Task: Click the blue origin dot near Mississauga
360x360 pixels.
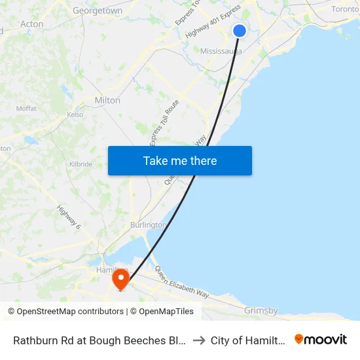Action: point(240,30)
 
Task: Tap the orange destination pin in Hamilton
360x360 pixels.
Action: point(121,279)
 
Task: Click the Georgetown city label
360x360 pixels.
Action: point(98,10)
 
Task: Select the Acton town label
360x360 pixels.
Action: point(31,24)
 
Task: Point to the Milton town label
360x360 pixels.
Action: point(107,100)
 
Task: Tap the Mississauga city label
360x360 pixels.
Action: point(221,51)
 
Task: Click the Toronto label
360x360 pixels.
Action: point(345,9)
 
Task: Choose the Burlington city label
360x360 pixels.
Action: point(148,225)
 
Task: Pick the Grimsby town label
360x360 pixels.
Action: point(261,310)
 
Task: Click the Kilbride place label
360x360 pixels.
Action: point(81,164)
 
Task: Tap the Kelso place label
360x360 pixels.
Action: point(75,115)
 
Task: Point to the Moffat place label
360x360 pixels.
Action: point(26,109)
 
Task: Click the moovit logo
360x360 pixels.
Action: point(321,340)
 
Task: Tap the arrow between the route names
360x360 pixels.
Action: point(199,340)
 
